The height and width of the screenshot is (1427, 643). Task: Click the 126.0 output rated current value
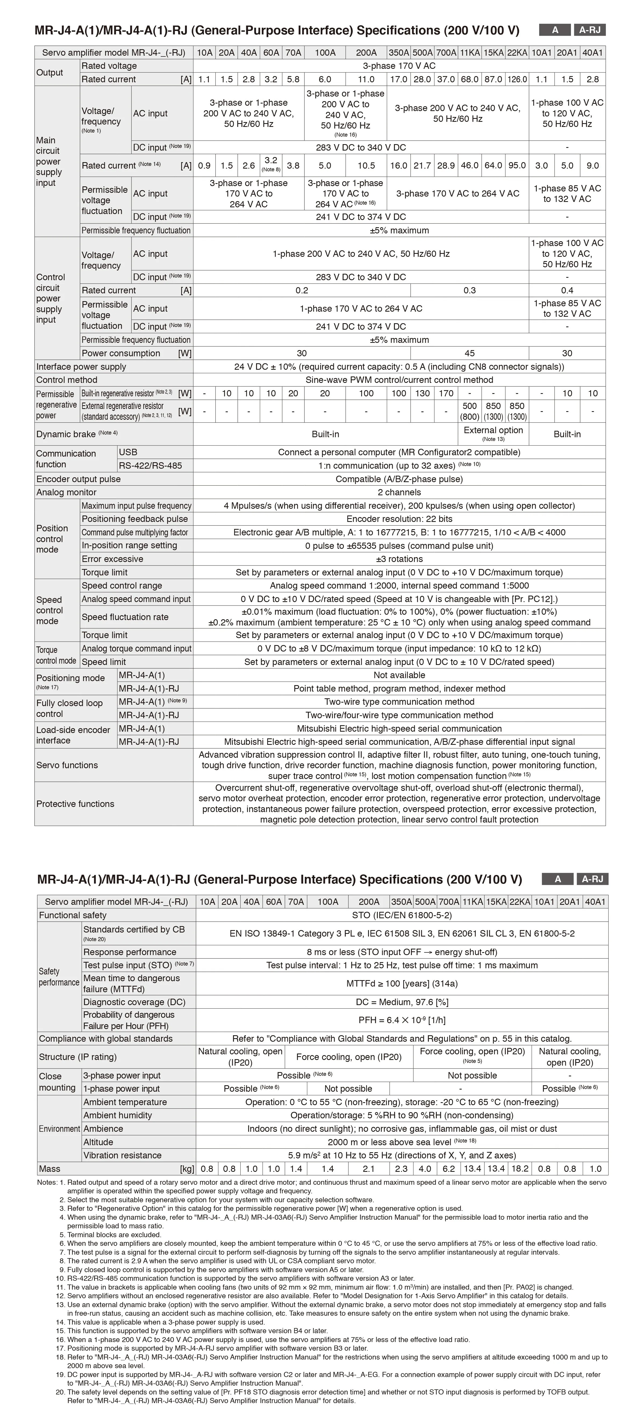pos(517,79)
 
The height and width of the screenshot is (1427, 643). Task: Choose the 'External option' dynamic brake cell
pos(493,434)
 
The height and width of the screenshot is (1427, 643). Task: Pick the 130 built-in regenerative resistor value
pos(422,393)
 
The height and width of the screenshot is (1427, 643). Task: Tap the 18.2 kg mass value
pos(520,1169)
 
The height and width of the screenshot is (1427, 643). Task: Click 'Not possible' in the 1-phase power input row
pos(348,1088)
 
